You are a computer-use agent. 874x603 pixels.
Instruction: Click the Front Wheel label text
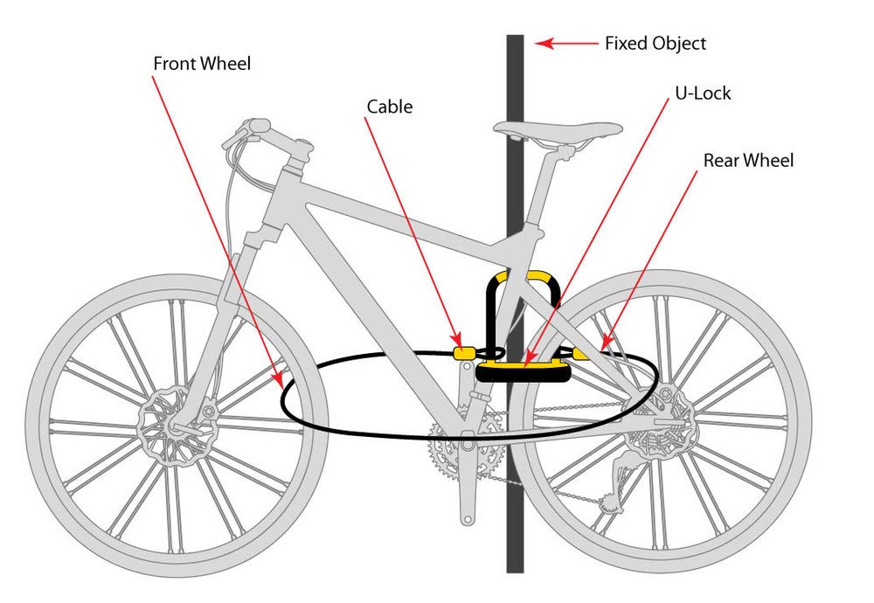click(x=202, y=65)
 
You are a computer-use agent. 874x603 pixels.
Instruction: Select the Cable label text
click(x=389, y=107)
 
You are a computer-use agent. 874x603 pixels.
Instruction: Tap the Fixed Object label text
click(x=655, y=43)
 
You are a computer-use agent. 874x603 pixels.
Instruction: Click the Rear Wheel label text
click(x=749, y=161)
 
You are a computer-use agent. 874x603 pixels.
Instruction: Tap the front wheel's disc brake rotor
click(x=175, y=425)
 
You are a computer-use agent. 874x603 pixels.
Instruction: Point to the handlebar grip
click(x=244, y=129)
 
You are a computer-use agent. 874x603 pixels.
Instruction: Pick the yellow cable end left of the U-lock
click(x=463, y=352)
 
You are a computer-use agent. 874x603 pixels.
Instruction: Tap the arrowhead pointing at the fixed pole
click(x=544, y=43)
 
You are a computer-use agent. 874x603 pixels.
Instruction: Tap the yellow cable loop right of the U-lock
click(x=584, y=353)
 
